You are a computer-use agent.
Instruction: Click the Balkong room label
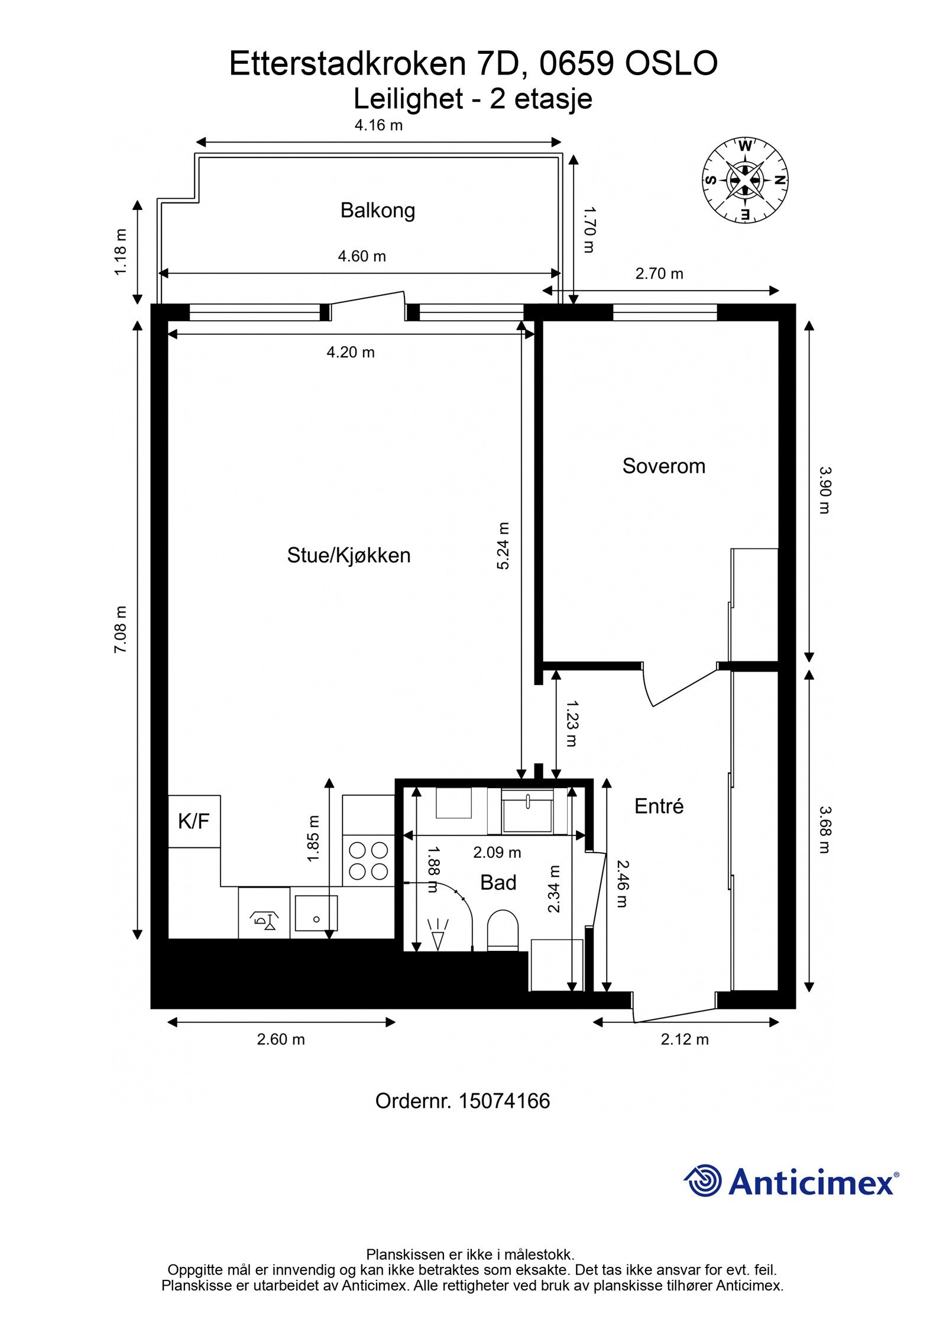coord(377,211)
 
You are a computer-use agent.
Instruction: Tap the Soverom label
coord(663,466)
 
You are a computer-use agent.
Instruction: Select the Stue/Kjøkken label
coord(348,556)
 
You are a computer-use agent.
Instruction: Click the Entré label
coord(659,806)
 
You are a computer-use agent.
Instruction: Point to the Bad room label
coord(498,883)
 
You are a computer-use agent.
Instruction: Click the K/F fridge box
coord(194,821)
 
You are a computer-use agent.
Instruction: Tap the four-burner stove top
coord(368,861)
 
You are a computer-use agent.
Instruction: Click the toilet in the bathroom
coord(503,930)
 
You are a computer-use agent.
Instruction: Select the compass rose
coord(745,180)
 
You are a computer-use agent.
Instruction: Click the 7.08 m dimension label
coord(121,630)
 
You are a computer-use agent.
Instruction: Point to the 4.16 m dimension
coord(378,125)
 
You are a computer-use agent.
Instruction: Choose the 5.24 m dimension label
coord(503,546)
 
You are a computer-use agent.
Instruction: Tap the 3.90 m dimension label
coord(825,490)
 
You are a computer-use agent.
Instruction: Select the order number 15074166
coord(504,1101)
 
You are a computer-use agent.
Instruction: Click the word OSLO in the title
coord(671,64)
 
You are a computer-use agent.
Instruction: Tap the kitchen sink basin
coord(316,913)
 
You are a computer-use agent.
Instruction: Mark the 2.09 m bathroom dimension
coord(497,853)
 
